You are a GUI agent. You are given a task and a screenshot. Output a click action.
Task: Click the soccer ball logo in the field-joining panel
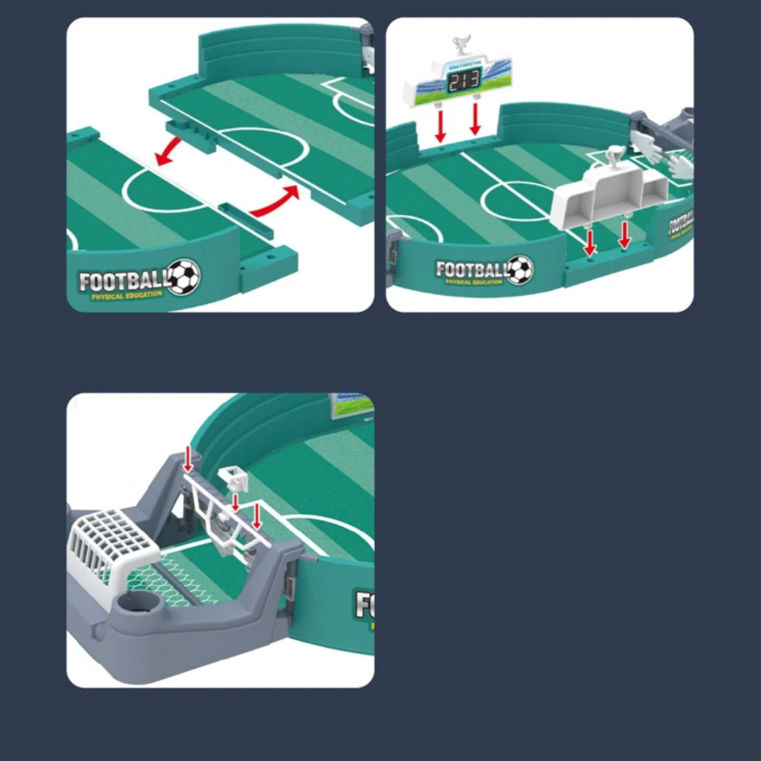pyautogui.click(x=185, y=277)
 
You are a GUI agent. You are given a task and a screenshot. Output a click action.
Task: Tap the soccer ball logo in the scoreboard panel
pyautogui.click(x=520, y=270)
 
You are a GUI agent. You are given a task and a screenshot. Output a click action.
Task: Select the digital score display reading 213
pyautogui.click(x=464, y=80)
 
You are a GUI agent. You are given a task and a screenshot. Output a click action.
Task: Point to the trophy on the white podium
pyautogui.click(x=615, y=157)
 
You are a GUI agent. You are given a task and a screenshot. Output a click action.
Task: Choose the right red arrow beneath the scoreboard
pyautogui.click(x=476, y=119)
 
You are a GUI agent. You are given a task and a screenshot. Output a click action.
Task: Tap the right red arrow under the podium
pyautogui.click(x=625, y=234)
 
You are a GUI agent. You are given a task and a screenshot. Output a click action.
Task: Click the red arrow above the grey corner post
pyautogui.click(x=188, y=458)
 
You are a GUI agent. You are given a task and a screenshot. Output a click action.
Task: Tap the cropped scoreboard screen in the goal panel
pyautogui.click(x=351, y=405)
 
